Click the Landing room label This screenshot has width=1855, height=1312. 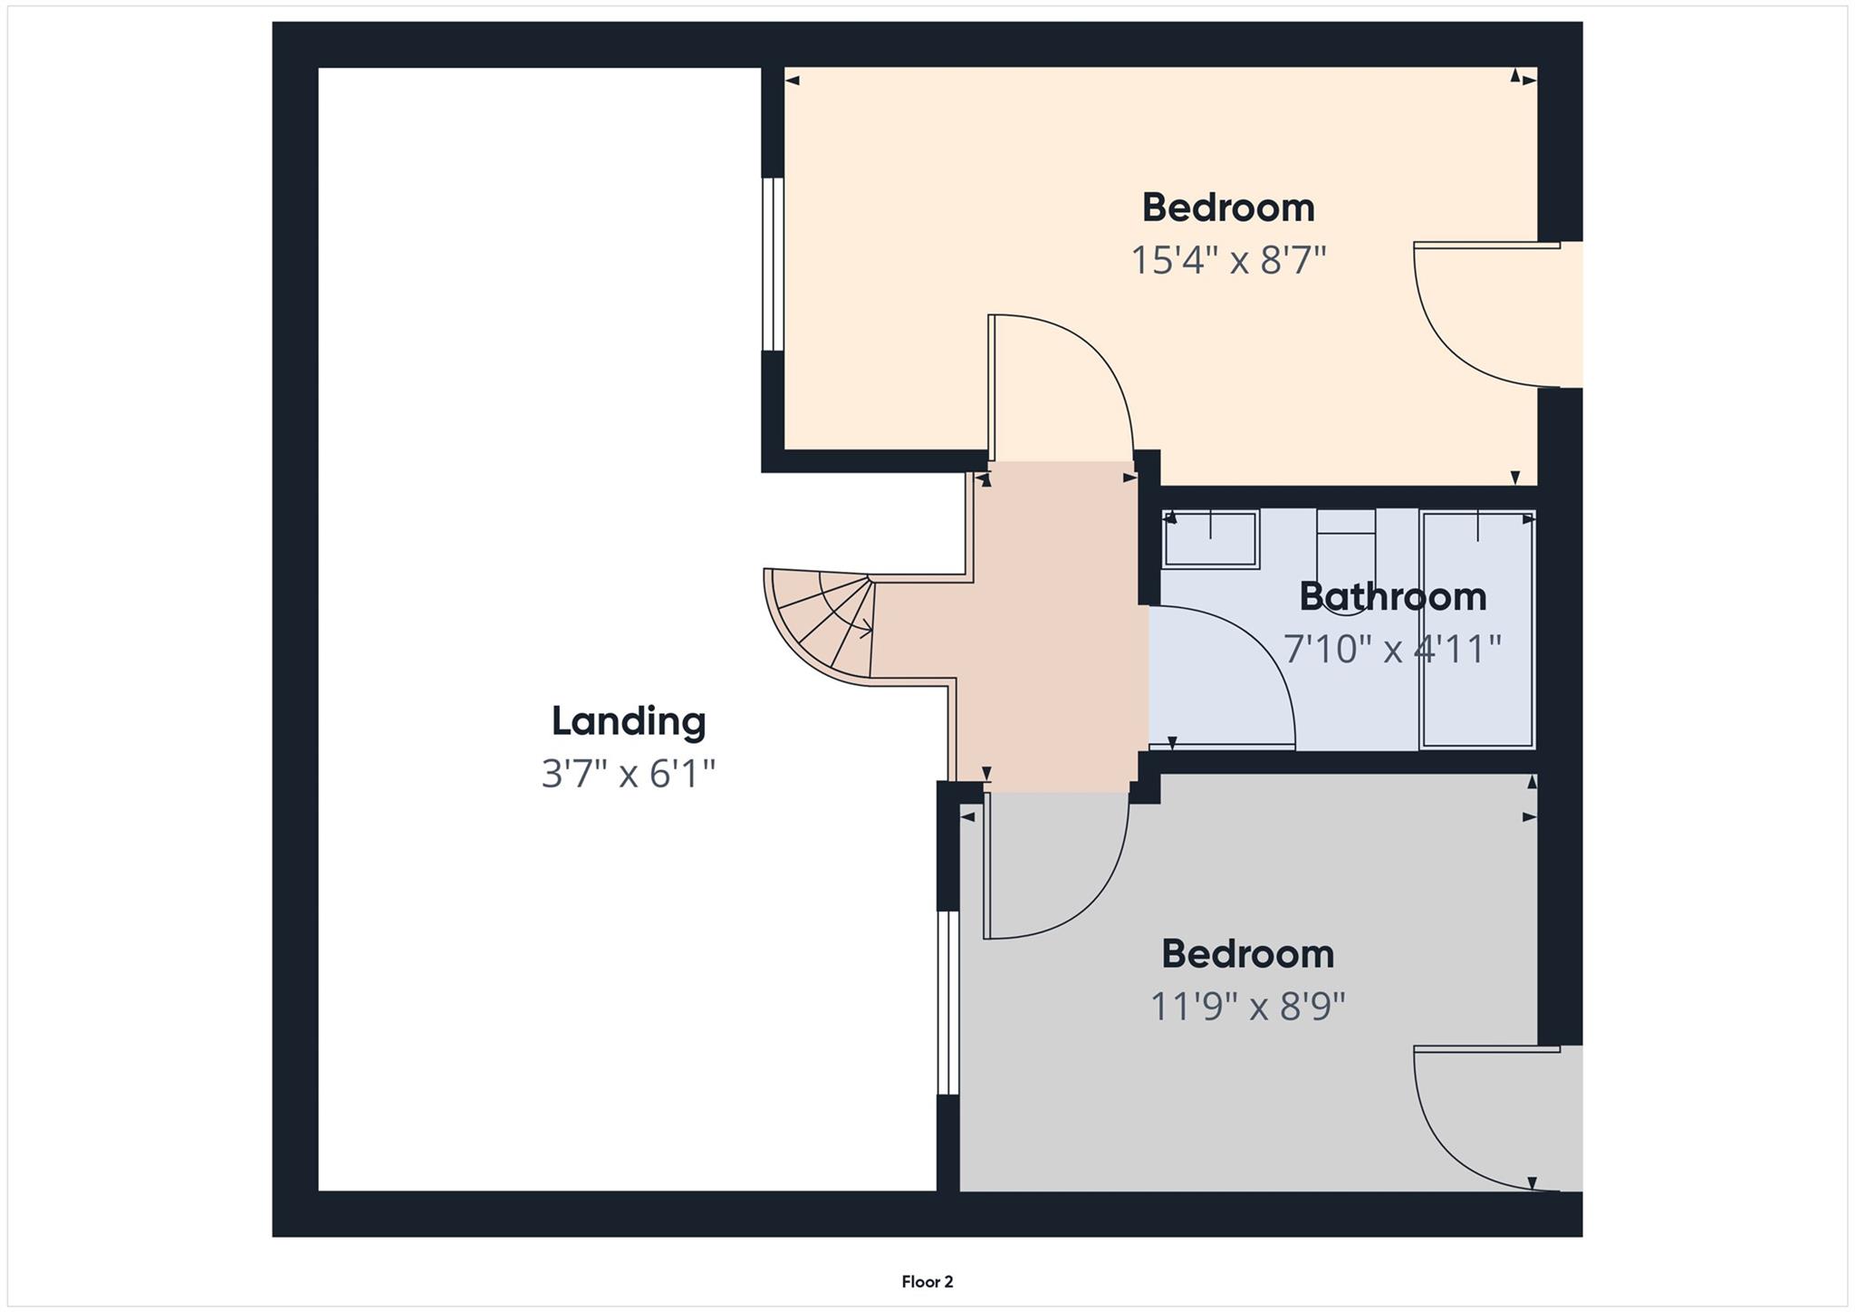click(629, 721)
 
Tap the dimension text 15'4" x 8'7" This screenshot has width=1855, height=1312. click(1228, 261)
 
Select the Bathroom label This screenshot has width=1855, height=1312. click(1392, 597)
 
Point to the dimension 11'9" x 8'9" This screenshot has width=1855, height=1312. click(1247, 1007)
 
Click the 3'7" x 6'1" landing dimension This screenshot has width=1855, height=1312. click(629, 774)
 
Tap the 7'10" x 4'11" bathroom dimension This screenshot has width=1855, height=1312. click(1392, 650)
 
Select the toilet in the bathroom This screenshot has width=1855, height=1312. click(1346, 553)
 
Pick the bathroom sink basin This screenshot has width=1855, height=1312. click(1211, 540)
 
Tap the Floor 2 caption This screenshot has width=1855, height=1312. click(927, 1281)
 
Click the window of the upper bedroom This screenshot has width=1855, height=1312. click(772, 264)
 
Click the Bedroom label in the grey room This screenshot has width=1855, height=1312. click(1247, 954)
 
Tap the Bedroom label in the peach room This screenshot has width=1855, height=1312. click(1228, 208)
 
